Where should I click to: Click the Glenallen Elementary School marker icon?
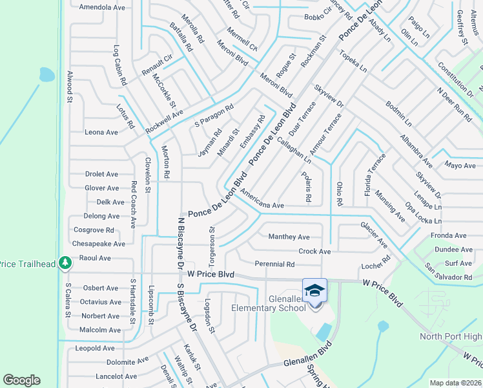tap(314, 290)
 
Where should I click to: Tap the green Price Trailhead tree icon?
tap(65, 263)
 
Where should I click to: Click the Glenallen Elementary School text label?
tap(268, 303)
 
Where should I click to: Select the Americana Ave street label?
tap(262, 204)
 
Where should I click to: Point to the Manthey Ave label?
tap(289, 237)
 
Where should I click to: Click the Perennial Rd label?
tap(274, 264)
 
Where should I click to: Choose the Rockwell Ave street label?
tap(164, 121)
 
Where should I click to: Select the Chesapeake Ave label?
tap(99, 244)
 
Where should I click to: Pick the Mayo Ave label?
tap(460, 166)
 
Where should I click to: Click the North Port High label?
tap(450, 336)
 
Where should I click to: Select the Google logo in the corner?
tap(21, 380)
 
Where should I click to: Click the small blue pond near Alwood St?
tap(46, 74)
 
